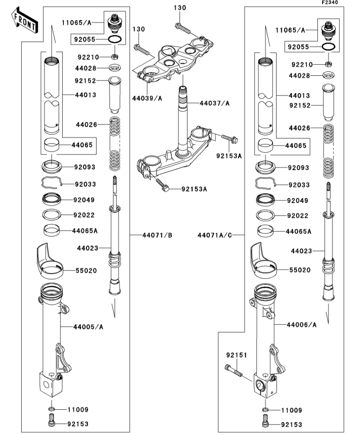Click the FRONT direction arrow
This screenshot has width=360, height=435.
pyautogui.click(x=24, y=21)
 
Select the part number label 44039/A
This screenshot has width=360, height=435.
pyautogui.click(x=147, y=98)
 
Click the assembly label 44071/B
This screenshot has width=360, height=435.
pyautogui.click(x=157, y=235)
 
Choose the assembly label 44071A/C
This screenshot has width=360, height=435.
pyautogui.click(x=215, y=235)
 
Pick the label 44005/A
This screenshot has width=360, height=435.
pyautogui.click(x=88, y=326)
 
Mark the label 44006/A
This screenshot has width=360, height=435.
pyautogui.click(x=302, y=325)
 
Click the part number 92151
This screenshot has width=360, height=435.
pyautogui.click(x=236, y=355)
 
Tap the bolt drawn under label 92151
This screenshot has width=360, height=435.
pyautogui.click(x=234, y=371)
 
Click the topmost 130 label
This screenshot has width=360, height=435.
pyautogui.click(x=180, y=8)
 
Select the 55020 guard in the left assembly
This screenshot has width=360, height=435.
pyautogui.click(x=50, y=261)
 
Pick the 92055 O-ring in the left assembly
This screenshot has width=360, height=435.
pyautogui.click(x=114, y=40)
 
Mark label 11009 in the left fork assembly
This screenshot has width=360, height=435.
pyautogui.click(x=78, y=410)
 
